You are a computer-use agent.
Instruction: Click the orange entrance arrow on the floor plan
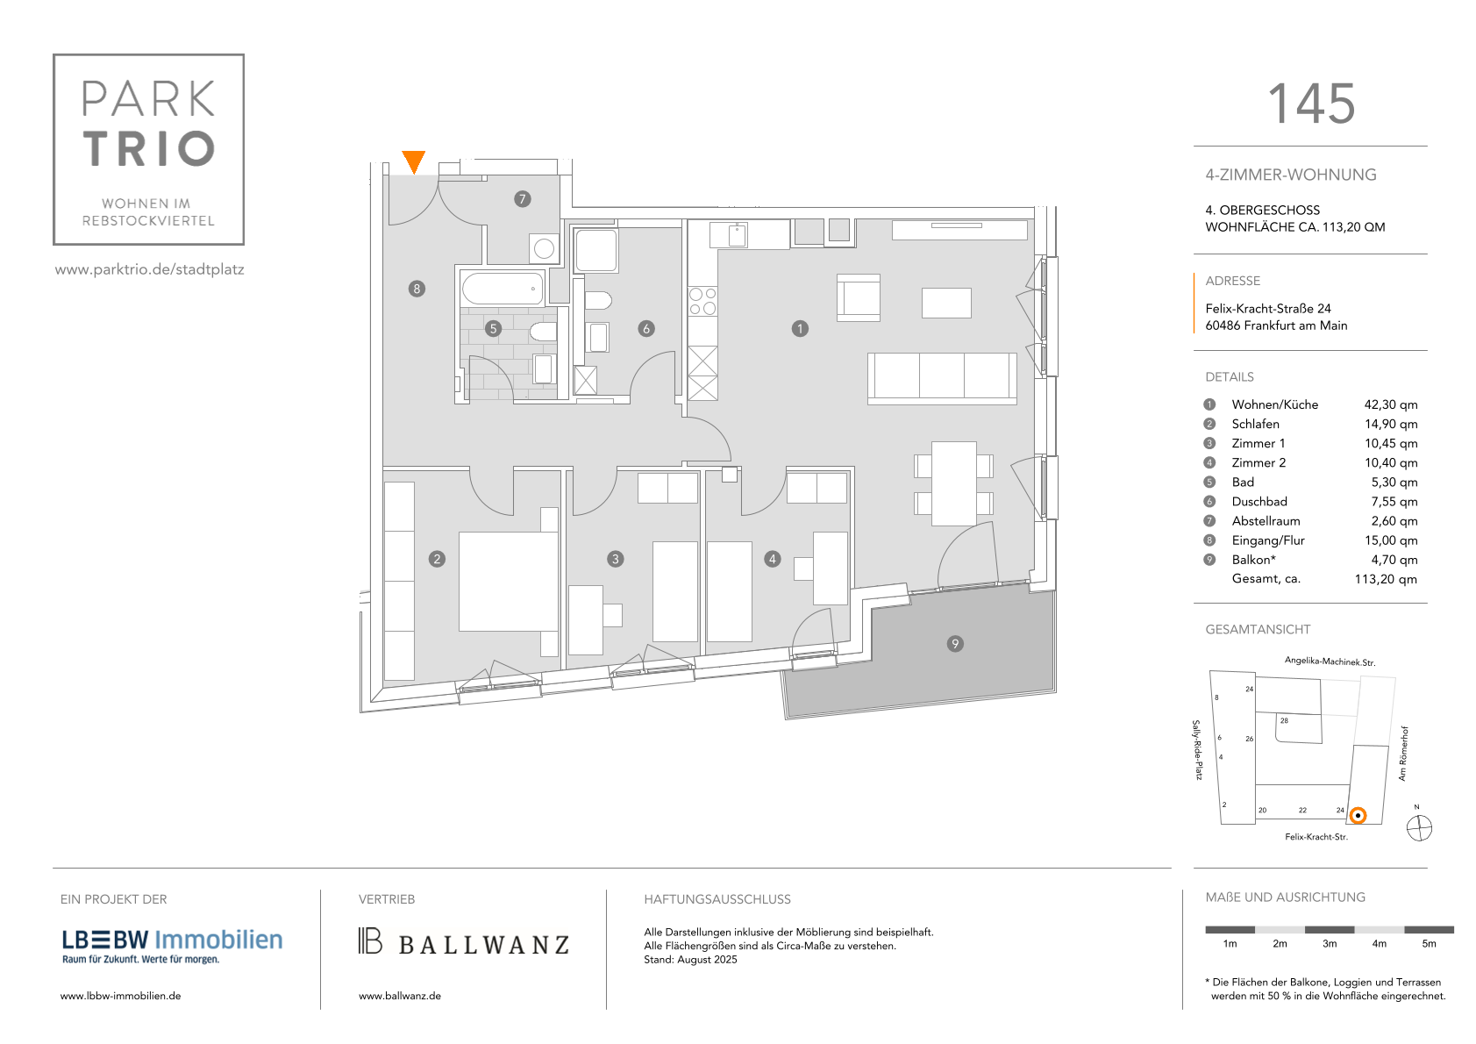413,161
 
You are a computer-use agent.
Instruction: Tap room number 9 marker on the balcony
955,644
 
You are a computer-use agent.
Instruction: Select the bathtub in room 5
503,288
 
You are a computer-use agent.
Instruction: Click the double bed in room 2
508,582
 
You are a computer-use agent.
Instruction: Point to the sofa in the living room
942,378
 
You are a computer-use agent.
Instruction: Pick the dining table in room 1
953,483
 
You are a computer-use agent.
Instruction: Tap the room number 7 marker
523,199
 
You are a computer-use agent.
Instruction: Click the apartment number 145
1311,104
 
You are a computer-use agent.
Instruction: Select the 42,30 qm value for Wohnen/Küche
1390,404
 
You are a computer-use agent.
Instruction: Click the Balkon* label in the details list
1253,560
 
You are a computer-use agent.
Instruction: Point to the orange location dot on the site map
1358,816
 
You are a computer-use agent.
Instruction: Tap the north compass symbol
1419,828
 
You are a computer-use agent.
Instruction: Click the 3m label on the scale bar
1329,944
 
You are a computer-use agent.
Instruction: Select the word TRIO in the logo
149,148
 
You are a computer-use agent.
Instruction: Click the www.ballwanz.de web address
400,996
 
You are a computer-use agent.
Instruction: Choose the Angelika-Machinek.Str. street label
1330,661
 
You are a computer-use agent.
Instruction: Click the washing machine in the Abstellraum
544,248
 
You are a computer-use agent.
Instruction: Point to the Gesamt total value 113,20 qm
1385,579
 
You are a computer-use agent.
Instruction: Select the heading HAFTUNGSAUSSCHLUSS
717,899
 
